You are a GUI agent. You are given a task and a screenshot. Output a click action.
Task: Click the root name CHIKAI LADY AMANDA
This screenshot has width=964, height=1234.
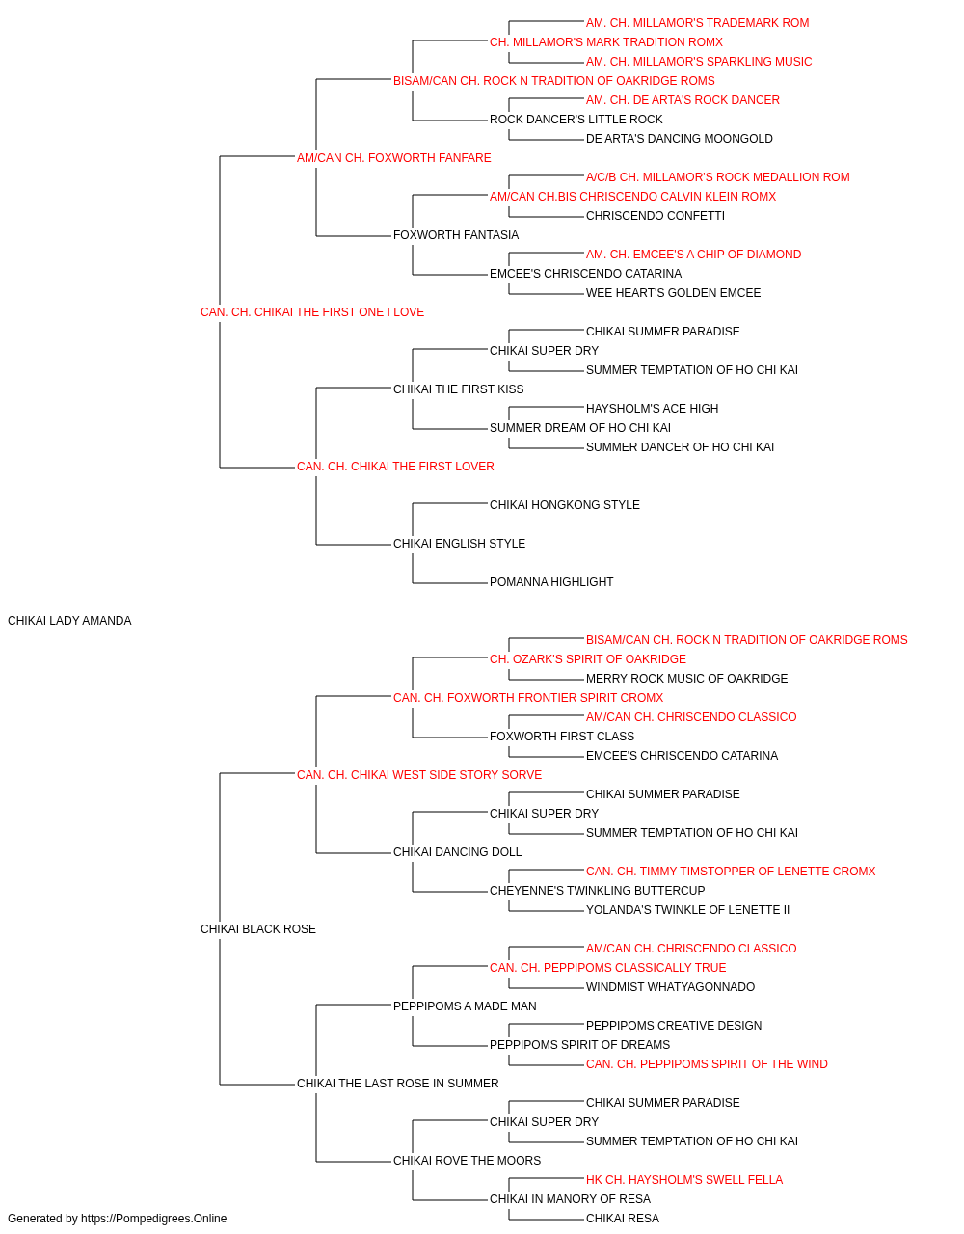click(69, 621)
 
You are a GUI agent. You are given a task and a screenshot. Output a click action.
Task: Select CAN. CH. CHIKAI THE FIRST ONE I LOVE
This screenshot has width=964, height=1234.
click(312, 312)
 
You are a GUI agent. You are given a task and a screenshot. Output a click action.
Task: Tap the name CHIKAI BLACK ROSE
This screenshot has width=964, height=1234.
click(257, 929)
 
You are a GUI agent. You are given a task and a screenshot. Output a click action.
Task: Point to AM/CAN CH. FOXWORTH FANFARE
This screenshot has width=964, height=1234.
click(393, 158)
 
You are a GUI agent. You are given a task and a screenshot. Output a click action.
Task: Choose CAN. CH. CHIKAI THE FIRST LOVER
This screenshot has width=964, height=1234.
click(395, 467)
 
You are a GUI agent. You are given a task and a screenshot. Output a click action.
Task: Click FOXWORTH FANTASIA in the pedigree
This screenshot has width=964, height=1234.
click(455, 235)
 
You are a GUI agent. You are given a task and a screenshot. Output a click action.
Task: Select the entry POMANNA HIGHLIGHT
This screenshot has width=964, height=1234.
click(551, 582)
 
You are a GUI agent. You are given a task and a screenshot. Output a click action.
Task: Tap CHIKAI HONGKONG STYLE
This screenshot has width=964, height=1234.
click(564, 505)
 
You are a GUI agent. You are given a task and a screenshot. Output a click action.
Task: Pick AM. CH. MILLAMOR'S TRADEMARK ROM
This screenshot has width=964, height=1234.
click(697, 23)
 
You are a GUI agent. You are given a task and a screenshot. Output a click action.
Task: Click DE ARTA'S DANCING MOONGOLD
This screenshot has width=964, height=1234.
click(679, 139)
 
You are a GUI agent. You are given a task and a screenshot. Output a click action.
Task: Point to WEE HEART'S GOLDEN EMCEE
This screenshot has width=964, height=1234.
click(673, 293)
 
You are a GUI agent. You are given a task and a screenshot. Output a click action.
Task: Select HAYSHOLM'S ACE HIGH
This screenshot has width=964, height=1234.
click(652, 409)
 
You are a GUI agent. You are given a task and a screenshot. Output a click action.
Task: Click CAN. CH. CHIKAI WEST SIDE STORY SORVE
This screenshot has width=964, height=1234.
click(419, 774)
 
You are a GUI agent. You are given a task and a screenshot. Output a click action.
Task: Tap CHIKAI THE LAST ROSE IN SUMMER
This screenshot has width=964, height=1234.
click(397, 1084)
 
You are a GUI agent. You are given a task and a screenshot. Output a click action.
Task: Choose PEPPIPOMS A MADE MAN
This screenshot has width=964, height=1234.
click(465, 1006)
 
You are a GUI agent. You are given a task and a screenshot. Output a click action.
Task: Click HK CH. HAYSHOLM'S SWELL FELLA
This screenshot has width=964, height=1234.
click(684, 1179)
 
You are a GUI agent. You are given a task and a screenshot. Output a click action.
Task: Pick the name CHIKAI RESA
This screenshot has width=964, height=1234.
click(622, 1219)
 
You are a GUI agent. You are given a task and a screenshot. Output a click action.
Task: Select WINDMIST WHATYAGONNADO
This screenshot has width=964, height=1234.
click(670, 987)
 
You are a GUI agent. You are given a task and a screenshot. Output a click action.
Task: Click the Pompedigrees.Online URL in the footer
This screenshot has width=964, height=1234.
click(153, 1219)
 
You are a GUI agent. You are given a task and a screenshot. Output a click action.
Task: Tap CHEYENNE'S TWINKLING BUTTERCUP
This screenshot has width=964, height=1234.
click(598, 891)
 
